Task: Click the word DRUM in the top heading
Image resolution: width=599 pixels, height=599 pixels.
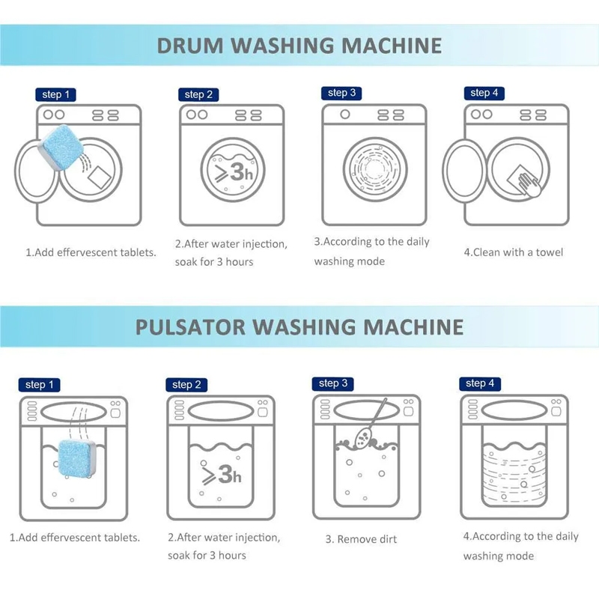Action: pos(190,46)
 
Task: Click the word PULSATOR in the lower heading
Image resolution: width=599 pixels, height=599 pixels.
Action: pos(190,327)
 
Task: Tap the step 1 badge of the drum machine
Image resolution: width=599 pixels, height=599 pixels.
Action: pos(55,95)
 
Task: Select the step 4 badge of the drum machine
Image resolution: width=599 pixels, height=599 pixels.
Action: pos(484,93)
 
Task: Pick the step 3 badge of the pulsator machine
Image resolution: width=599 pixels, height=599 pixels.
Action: pos(333,383)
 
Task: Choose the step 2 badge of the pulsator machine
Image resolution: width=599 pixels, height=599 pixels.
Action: pos(186,385)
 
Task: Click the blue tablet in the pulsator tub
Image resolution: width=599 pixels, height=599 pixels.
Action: pos(76,458)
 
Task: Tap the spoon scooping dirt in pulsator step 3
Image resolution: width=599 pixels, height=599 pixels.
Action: pos(370,423)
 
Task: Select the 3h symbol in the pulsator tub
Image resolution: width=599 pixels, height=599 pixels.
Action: pos(221,474)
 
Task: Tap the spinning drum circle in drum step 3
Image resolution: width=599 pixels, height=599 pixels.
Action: pos(375,169)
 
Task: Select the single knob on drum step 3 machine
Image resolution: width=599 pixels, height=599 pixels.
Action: pos(345,115)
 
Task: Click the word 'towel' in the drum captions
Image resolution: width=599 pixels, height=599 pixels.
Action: pos(550,252)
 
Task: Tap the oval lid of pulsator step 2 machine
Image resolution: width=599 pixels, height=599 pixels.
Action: pos(221,411)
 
